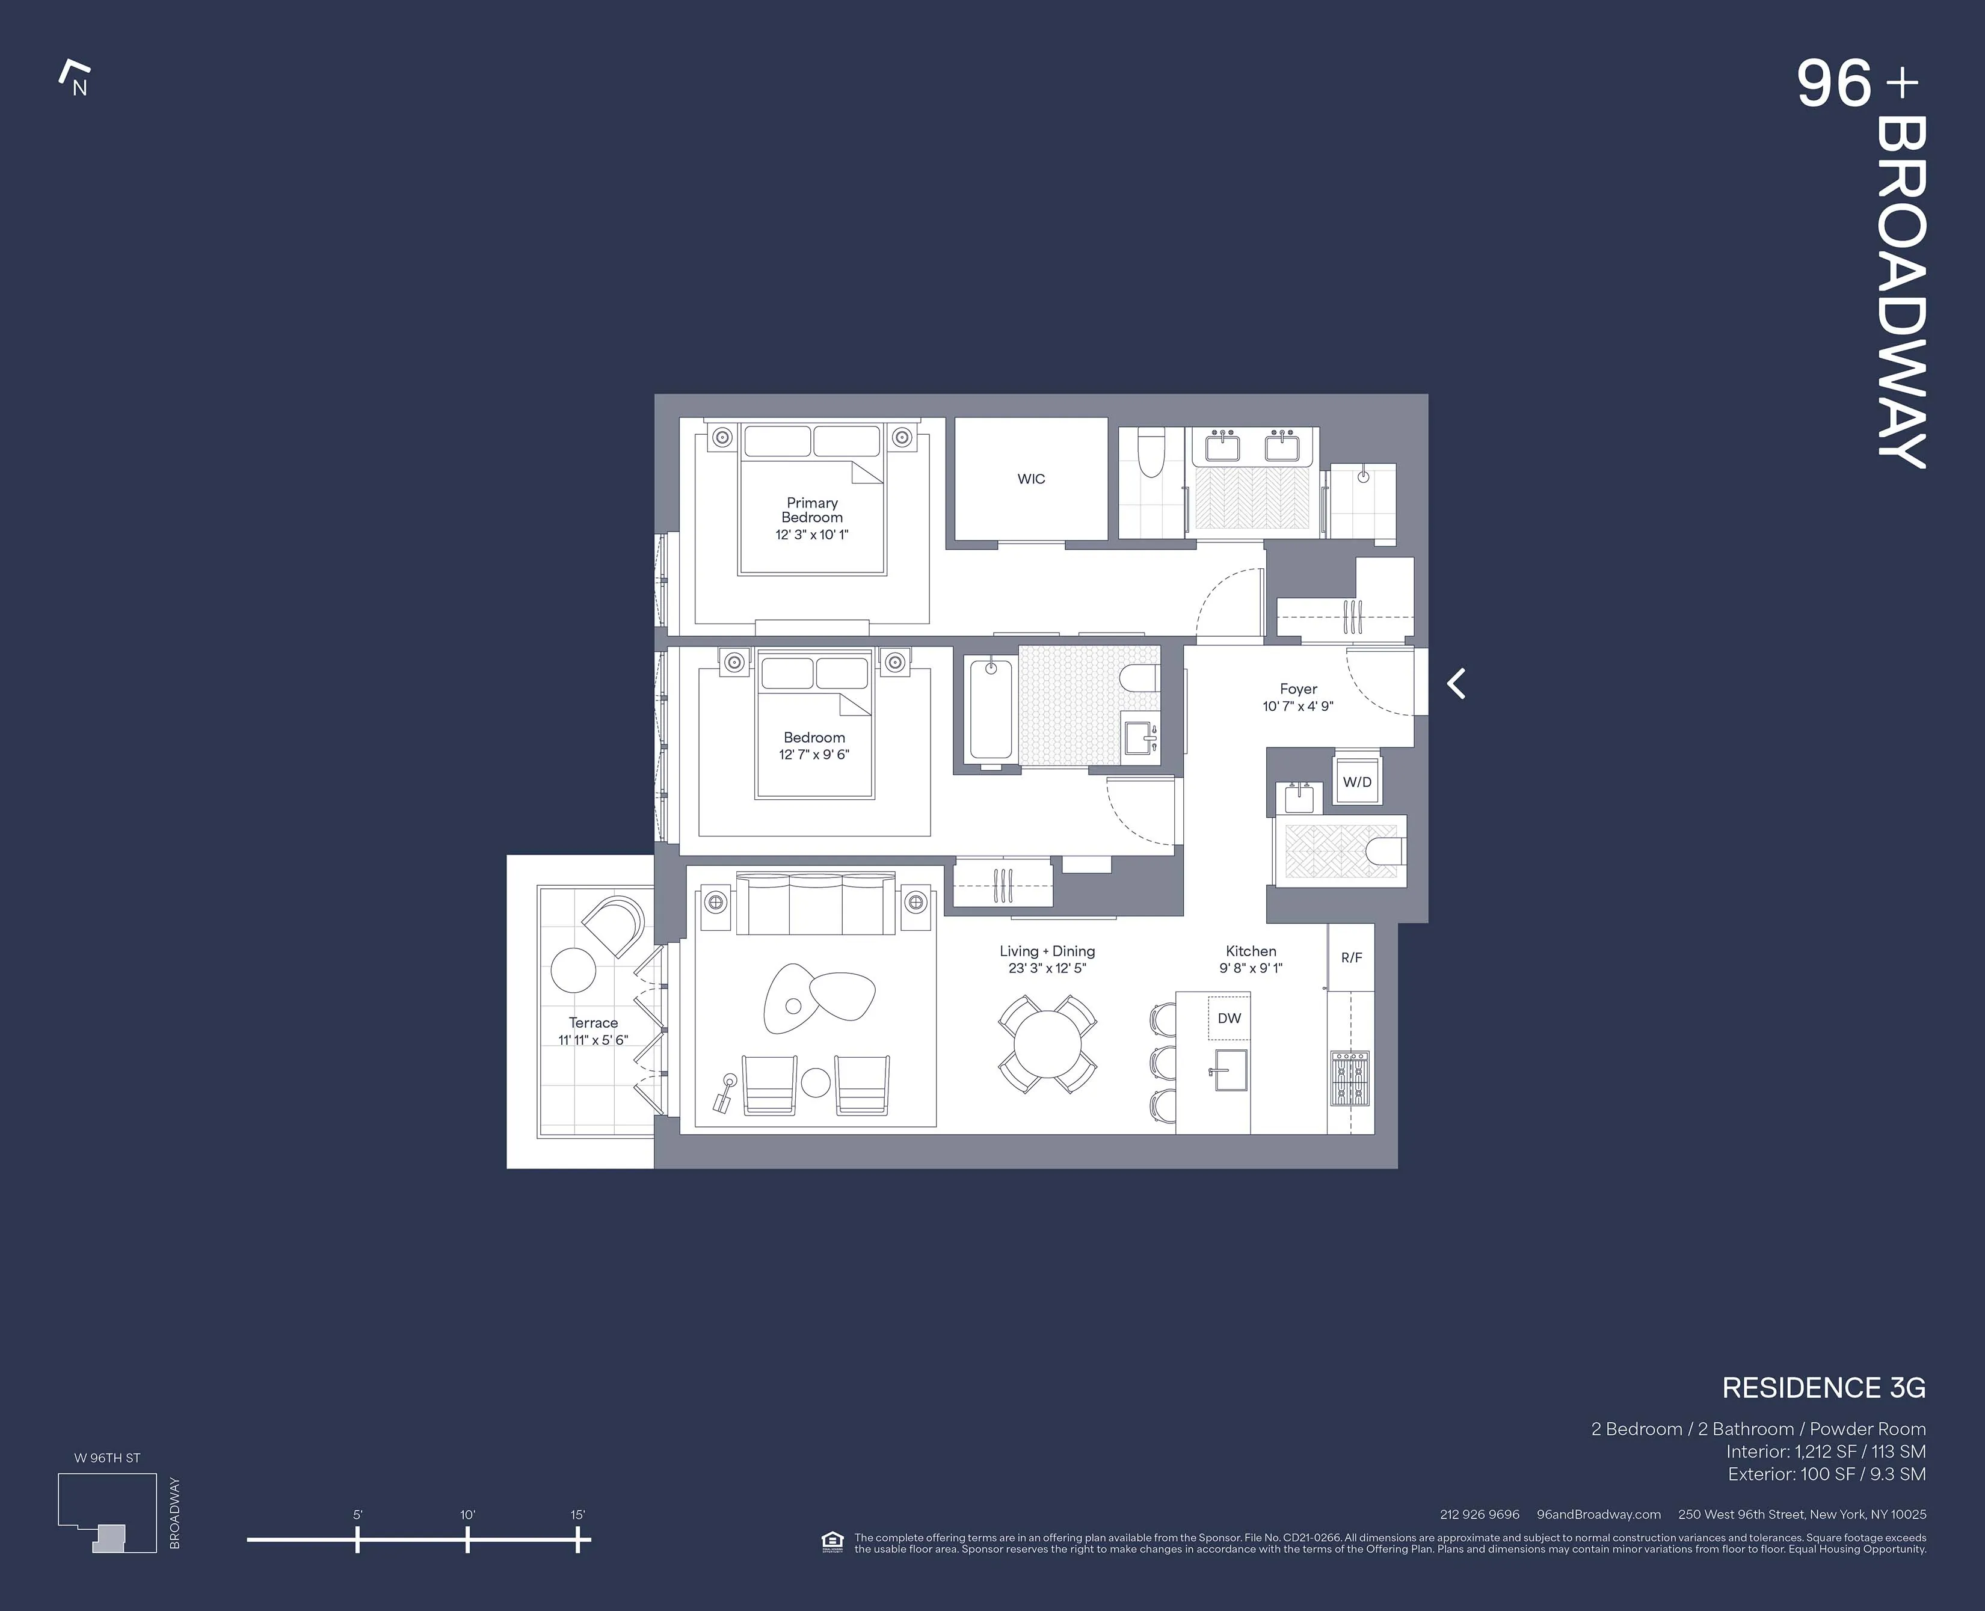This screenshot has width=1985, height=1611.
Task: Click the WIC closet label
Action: click(x=1031, y=479)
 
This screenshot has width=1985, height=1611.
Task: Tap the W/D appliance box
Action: click(x=1357, y=781)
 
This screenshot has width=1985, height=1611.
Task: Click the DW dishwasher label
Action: click(x=1229, y=1018)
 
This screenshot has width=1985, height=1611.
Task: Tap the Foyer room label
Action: click(x=1297, y=689)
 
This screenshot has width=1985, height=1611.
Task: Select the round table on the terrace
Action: click(x=573, y=970)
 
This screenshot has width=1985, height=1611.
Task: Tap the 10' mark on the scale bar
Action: click(x=468, y=1541)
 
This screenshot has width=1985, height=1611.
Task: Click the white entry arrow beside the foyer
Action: click(x=1456, y=683)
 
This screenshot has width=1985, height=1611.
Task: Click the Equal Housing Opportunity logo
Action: click(x=832, y=1541)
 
